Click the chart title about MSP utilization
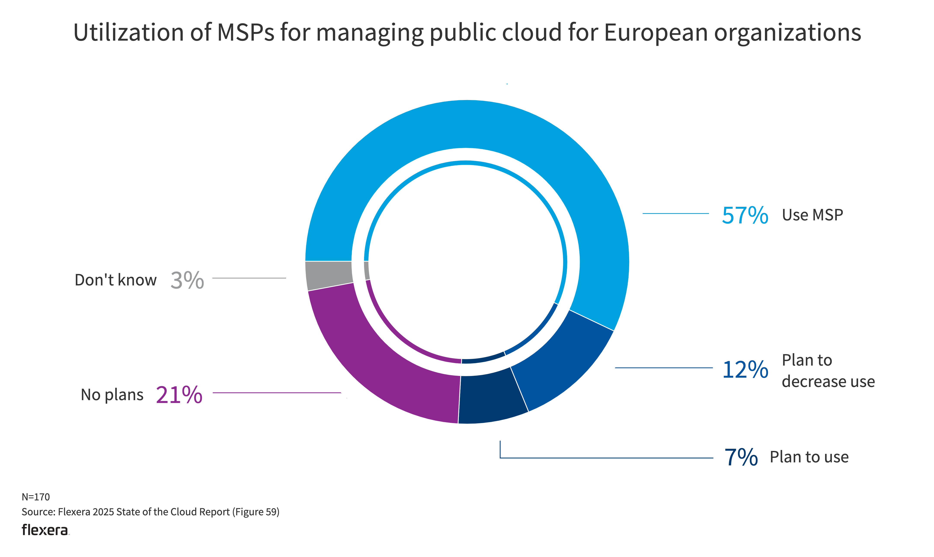click(x=467, y=33)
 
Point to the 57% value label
click(x=745, y=215)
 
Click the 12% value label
click(x=745, y=370)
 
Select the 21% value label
click(x=179, y=395)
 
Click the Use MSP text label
click(x=812, y=215)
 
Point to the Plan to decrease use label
click(x=828, y=371)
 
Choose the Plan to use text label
click(x=809, y=457)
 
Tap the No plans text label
click(x=112, y=395)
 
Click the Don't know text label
click(x=115, y=280)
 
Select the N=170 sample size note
click(x=36, y=497)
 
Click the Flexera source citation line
click(x=150, y=512)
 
